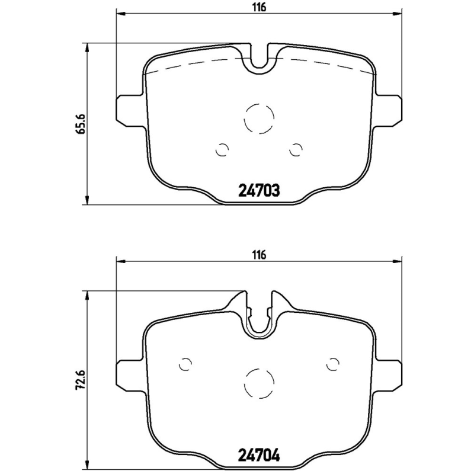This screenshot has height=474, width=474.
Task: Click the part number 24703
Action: point(258,191)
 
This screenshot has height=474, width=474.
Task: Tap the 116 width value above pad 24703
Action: point(258,7)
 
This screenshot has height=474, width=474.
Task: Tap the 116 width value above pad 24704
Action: point(258,255)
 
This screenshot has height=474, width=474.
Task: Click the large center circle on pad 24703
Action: point(259,117)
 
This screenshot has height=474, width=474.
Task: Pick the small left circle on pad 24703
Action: point(223,150)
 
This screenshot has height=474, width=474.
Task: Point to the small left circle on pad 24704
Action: point(186,363)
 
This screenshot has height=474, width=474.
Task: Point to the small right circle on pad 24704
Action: point(332,363)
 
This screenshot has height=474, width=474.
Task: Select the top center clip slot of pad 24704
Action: point(259,314)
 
